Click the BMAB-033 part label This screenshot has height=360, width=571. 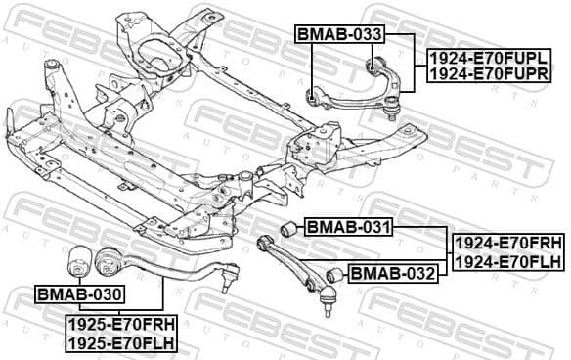(339, 35)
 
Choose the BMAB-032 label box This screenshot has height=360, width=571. (392, 273)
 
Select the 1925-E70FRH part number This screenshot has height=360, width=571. (120, 325)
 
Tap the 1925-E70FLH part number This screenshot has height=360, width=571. (120, 342)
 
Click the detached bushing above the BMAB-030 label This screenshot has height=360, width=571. (77, 261)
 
